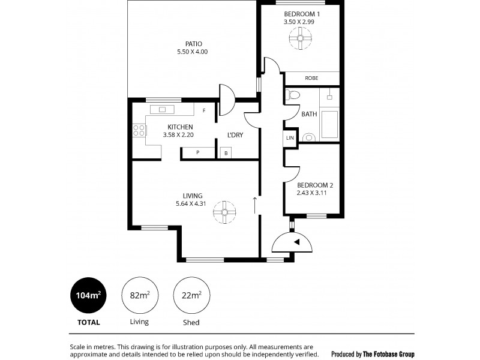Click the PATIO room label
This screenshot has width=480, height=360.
193,44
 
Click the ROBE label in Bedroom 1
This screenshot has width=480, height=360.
311,79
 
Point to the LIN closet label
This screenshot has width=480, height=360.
290,137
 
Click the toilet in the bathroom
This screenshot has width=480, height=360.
292,95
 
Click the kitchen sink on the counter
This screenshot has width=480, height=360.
162,109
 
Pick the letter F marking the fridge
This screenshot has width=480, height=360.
204,111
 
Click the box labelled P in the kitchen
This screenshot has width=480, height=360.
198,153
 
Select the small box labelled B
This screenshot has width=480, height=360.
226,153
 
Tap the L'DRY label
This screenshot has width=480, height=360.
235,135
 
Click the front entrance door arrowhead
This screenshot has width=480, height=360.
296,241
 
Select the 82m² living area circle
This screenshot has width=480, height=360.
139,295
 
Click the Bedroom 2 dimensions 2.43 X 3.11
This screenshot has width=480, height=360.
314,193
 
